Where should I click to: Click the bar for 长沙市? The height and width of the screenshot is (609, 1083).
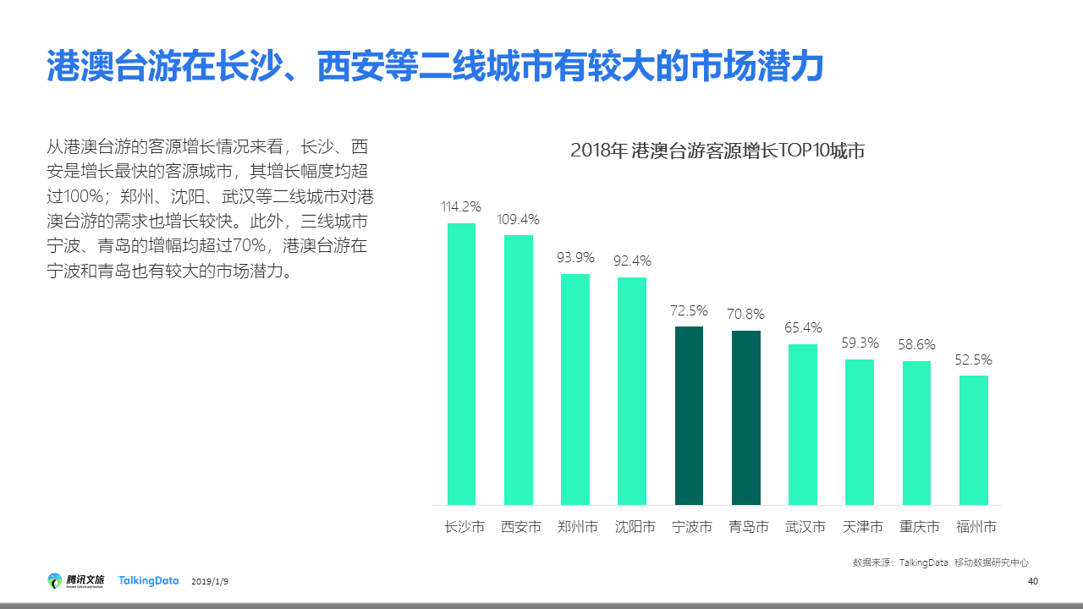(x=461, y=364)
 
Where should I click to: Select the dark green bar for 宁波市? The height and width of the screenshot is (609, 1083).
(x=689, y=415)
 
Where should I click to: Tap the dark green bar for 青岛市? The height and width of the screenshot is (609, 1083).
(x=746, y=418)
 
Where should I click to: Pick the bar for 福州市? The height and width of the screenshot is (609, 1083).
(x=973, y=440)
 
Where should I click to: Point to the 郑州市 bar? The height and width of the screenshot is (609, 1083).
(x=575, y=389)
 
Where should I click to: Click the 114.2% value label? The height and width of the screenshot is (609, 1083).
(x=461, y=206)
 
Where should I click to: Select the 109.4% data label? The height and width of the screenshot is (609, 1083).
(x=519, y=219)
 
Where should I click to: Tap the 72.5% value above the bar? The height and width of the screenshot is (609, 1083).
(x=689, y=310)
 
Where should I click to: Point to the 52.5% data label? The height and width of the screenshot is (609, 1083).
(x=973, y=359)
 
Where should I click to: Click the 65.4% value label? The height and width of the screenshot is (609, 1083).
(x=803, y=327)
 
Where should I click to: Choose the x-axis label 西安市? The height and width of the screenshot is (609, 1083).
(x=521, y=527)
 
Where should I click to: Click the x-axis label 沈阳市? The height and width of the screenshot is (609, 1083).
(x=635, y=527)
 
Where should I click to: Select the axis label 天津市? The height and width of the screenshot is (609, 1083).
(x=862, y=527)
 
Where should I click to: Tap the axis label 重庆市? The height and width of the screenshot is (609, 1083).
(x=919, y=527)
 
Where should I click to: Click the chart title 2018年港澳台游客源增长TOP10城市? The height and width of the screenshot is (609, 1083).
(x=717, y=151)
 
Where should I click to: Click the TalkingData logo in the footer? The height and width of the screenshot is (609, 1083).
(x=148, y=581)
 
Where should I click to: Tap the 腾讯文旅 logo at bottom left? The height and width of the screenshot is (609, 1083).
(x=76, y=581)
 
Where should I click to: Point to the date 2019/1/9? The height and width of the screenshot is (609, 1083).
(x=210, y=582)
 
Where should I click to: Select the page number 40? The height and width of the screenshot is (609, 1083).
(x=1032, y=581)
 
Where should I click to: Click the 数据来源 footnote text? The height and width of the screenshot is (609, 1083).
(x=940, y=562)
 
